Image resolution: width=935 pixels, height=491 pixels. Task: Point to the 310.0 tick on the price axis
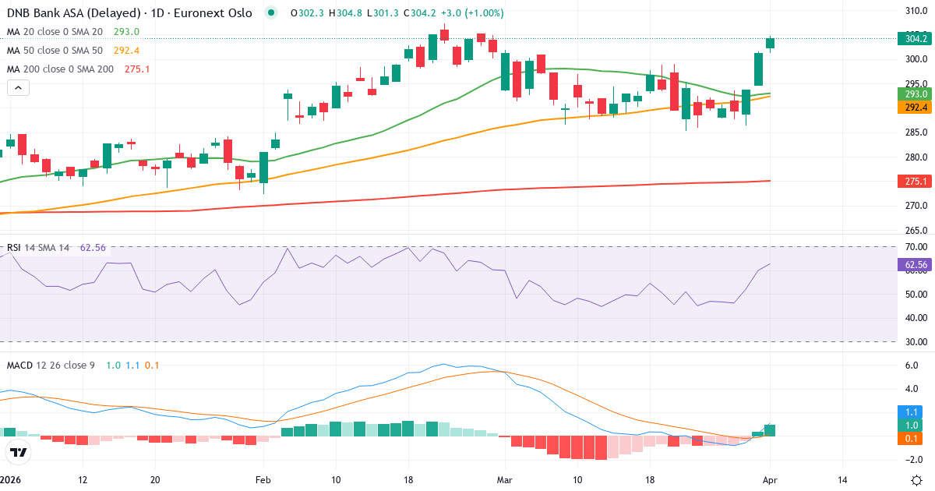point(916,11)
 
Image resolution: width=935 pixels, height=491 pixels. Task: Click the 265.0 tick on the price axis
point(916,231)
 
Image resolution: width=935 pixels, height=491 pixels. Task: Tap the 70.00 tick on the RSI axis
point(916,247)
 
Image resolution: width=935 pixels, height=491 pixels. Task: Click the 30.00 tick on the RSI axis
point(916,341)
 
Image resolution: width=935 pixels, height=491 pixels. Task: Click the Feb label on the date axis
point(263,480)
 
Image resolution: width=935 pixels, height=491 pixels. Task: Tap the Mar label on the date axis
point(505,480)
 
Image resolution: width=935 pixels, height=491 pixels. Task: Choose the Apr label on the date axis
point(771,480)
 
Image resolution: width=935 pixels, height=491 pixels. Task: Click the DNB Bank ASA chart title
point(129,13)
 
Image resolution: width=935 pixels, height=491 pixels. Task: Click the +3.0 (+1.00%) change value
point(475,13)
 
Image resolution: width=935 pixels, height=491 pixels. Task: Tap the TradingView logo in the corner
point(19,452)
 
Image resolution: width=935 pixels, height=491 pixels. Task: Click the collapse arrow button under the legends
point(18,88)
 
